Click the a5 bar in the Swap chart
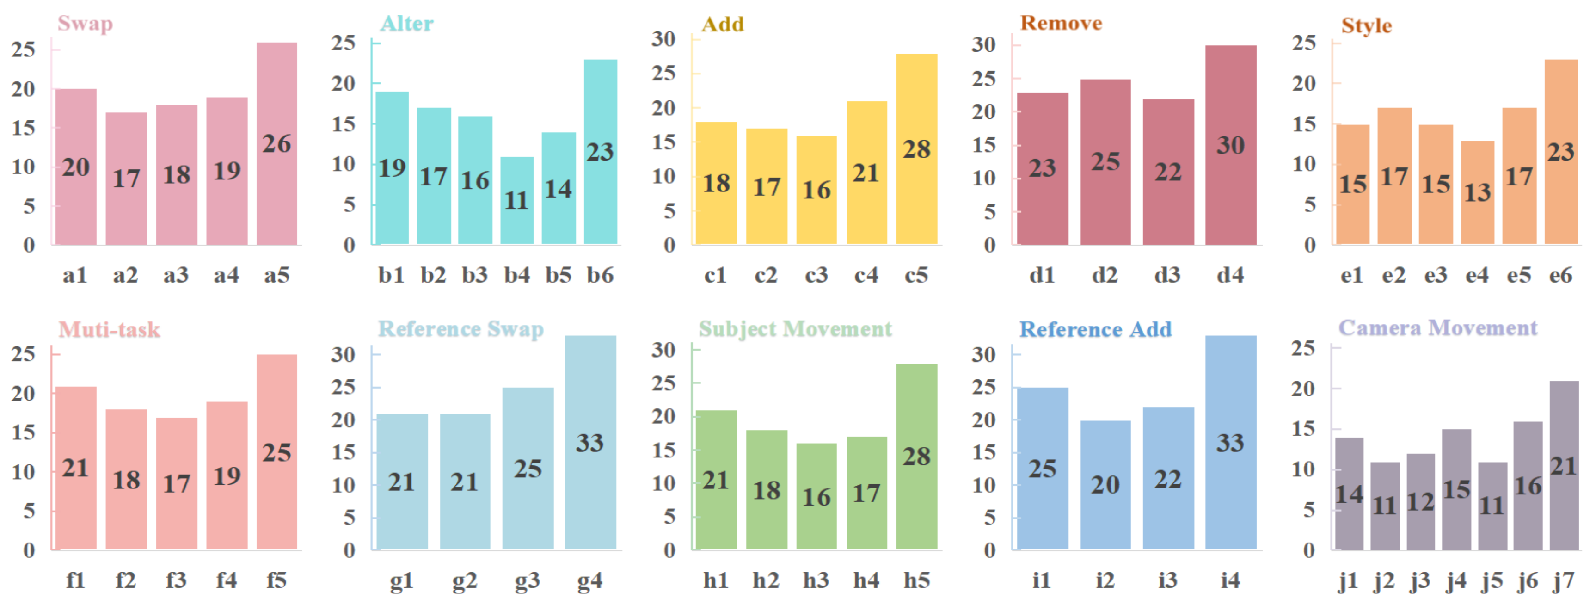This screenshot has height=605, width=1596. (x=277, y=143)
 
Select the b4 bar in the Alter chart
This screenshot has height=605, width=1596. (x=517, y=200)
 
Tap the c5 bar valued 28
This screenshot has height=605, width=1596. (x=916, y=149)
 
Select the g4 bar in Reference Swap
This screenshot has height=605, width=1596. (x=590, y=443)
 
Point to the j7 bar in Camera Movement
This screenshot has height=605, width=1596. (x=1564, y=465)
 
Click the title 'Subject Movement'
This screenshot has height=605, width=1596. (x=796, y=328)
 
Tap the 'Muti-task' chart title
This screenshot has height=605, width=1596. (x=110, y=329)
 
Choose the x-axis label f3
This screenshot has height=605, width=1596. (x=177, y=580)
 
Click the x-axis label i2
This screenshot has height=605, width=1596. (x=1105, y=580)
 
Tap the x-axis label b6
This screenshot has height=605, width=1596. (x=601, y=275)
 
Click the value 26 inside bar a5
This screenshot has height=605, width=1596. (x=276, y=144)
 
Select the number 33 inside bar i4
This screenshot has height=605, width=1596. (x=1230, y=443)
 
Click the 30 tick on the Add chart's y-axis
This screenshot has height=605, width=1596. (x=663, y=39)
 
